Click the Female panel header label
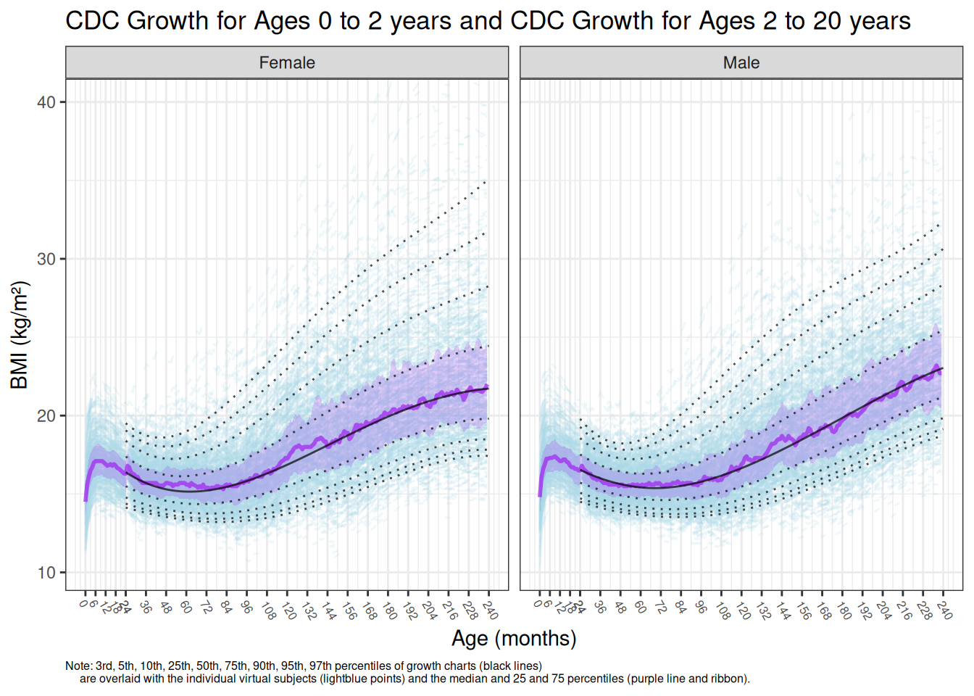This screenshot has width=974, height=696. coord(287,63)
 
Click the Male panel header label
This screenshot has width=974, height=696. coord(741,63)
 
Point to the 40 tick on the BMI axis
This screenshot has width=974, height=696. coord(46,102)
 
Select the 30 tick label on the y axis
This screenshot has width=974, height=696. coord(46,259)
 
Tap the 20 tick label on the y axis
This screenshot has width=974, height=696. coord(46,415)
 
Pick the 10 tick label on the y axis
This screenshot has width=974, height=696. coord(46,573)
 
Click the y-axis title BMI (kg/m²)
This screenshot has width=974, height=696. coord(20,335)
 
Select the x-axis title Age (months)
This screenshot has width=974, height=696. coord(514,638)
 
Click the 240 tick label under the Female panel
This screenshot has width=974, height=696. coord(490,610)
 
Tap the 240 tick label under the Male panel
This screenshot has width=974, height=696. coord(944,610)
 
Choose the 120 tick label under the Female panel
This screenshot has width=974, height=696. coord(288,610)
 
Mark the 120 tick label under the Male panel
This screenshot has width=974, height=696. coord(743,610)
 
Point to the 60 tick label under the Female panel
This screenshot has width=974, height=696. coord(186,608)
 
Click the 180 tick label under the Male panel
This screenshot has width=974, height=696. coord(844,610)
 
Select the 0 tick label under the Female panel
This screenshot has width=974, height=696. coord(84,604)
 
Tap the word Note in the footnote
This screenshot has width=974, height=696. coord(78,666)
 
